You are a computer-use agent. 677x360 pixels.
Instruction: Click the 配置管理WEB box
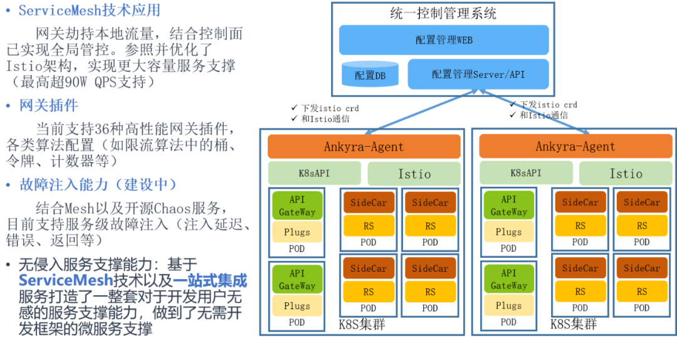point(444,40)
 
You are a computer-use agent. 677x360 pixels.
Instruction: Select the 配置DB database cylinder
point(370,75)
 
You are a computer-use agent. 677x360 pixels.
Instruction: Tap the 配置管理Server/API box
point(478,74)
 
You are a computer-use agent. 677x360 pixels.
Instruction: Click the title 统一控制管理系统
point(443,13)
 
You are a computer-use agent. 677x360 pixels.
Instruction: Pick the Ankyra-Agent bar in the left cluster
point(364,147)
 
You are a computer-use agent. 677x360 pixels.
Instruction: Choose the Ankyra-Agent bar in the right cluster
point(575,147)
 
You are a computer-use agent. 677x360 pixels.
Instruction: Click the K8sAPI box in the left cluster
point(315,173)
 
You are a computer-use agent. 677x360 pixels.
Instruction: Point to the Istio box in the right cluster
point(626,174)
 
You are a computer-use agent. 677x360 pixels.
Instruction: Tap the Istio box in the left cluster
point(414,174)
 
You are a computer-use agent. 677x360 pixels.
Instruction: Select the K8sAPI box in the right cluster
point(526,173)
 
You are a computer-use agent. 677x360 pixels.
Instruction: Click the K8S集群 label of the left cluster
point(362,324)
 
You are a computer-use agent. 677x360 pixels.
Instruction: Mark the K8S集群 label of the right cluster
point(573,324)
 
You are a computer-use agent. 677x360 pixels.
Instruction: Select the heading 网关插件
point(49,105)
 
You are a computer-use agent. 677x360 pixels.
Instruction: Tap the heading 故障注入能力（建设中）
point(98,184)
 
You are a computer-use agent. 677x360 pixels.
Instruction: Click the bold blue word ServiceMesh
point(66,280)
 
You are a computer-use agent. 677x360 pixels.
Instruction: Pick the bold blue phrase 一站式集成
point(210,280)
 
